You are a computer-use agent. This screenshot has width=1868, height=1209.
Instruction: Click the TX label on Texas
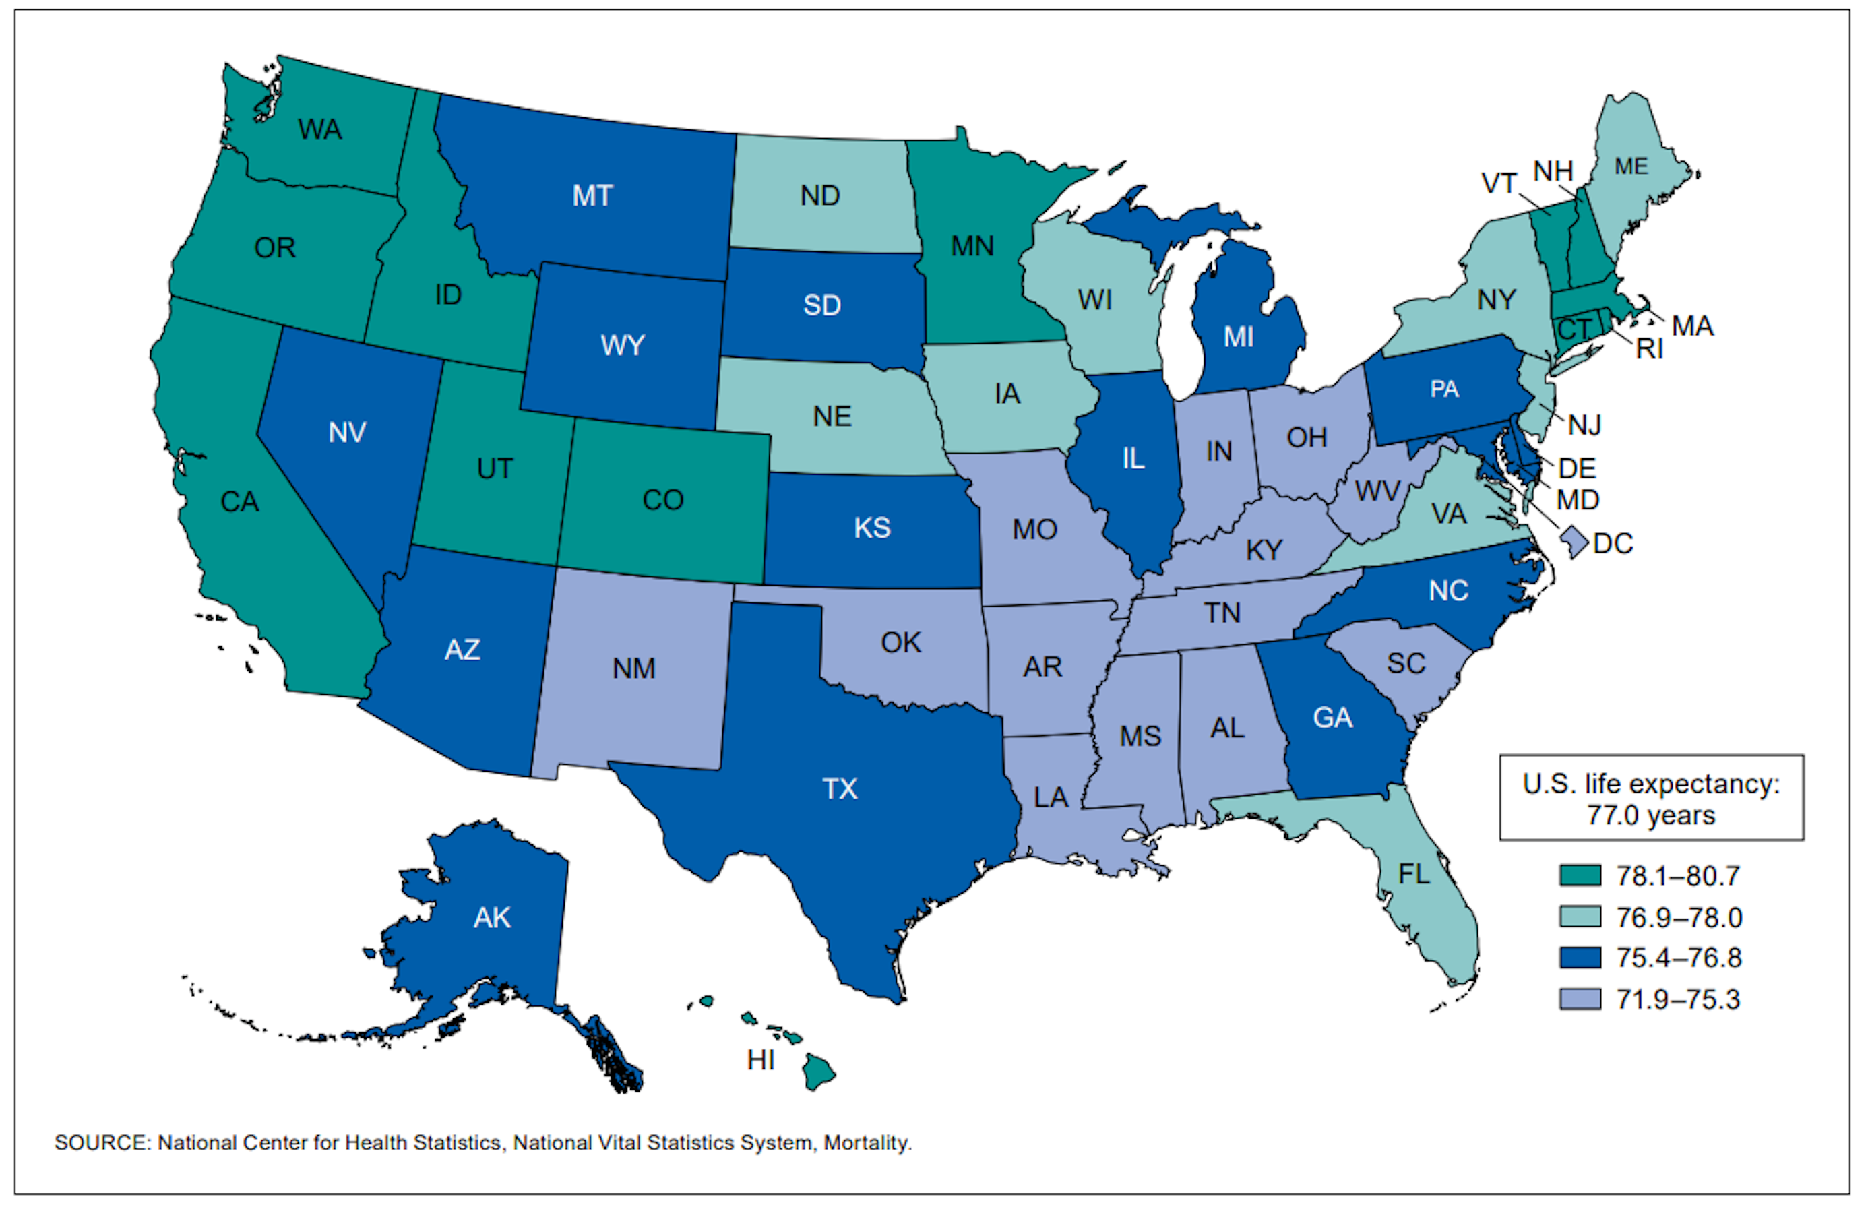839,789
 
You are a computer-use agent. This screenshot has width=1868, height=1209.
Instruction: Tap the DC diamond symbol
1573,542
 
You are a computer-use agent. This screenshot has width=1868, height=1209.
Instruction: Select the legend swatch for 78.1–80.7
1580,875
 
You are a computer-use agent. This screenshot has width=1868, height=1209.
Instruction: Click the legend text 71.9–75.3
1678,999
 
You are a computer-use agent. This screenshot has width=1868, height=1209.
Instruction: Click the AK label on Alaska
492,917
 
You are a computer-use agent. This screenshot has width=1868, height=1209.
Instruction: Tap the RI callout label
1649,349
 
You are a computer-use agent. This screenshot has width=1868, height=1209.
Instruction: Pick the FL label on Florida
1414,874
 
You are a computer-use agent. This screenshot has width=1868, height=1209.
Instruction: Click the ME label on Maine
1631,166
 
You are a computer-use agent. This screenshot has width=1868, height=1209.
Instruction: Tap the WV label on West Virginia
1377,491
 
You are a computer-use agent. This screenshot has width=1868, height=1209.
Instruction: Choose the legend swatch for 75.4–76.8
1580,958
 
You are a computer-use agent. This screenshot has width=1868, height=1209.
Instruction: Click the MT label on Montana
592,195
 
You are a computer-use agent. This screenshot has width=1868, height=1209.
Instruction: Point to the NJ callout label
1584,425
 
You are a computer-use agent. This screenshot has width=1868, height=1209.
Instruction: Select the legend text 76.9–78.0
1678,917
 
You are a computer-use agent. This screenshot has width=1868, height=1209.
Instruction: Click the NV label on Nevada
347,432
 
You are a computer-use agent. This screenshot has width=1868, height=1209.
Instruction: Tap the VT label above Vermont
1497,184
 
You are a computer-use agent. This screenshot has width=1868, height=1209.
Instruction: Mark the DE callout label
1576,468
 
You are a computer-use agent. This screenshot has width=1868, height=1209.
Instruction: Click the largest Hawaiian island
819,1072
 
